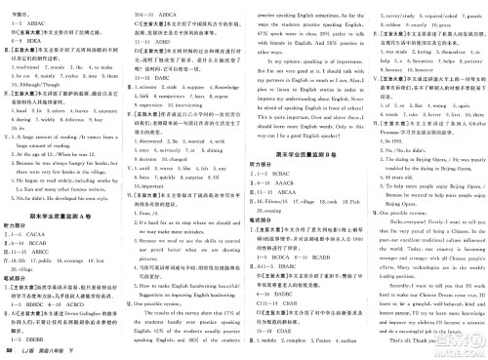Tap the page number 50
coord(9,348)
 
